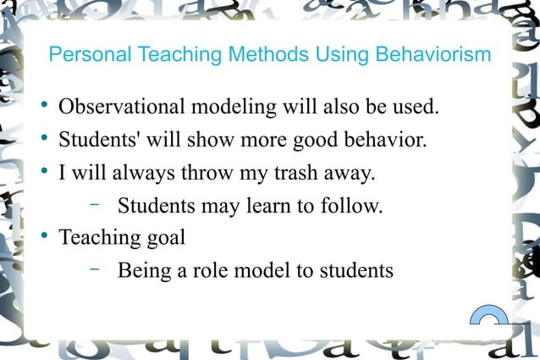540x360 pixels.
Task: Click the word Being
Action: click(x=145, y=270)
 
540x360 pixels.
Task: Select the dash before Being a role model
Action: click(x=94, y=269)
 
